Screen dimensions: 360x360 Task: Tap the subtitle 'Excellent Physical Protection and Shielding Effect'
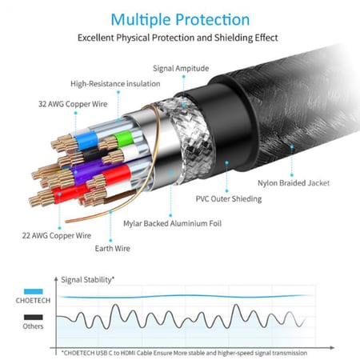[179, 38]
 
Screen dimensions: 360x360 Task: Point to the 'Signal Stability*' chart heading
[89, 279]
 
